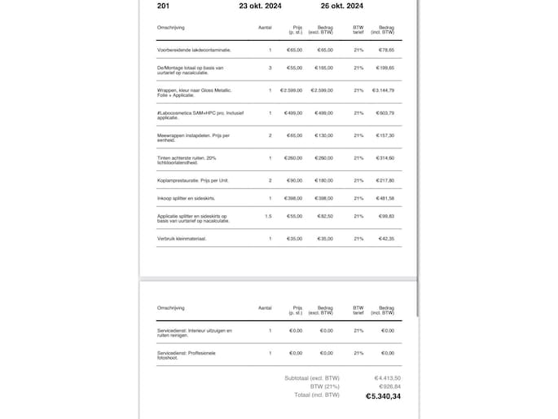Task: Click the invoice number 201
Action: click(163, 5)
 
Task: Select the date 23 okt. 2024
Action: click(260, 5)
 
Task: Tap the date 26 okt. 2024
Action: click(342, 5)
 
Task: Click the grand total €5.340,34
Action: click(383, 395)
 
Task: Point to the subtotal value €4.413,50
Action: click(388, 377)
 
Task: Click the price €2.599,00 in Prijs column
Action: click(291, 90)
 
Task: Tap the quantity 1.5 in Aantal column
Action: click(268, 216)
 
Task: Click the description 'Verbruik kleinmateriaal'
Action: click(182, 239)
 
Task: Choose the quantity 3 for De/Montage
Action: click(270, 68)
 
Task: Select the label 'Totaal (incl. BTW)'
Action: click(317, 395)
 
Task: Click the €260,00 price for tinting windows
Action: click(293, 157)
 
